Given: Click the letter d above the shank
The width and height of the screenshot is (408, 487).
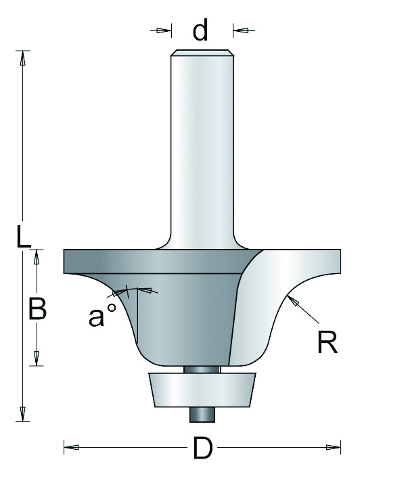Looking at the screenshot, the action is click(200, 30).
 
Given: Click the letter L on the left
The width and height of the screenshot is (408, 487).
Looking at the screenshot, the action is click(24, 237).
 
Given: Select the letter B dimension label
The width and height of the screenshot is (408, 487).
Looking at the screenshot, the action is click(37, 308).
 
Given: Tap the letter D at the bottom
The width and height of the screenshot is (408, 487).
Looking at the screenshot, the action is click(202, 448).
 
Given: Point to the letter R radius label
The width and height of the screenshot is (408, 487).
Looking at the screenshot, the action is click(327, 342).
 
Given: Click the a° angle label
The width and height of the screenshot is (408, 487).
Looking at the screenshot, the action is click(102, 315).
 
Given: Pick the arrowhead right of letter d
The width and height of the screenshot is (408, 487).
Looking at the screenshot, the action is click(240, 30).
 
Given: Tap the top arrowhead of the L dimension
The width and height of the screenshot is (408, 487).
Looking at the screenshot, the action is click(22, 58).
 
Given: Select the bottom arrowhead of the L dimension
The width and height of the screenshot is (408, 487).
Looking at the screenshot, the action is click(22, 414).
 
